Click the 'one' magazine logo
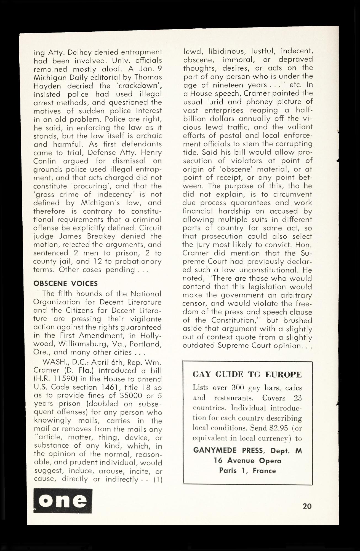63,501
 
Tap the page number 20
307,506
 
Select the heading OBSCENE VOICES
65,284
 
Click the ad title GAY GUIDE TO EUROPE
247,375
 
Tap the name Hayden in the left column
46,86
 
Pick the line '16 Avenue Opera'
247,461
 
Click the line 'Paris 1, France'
247,471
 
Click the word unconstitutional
275,270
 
